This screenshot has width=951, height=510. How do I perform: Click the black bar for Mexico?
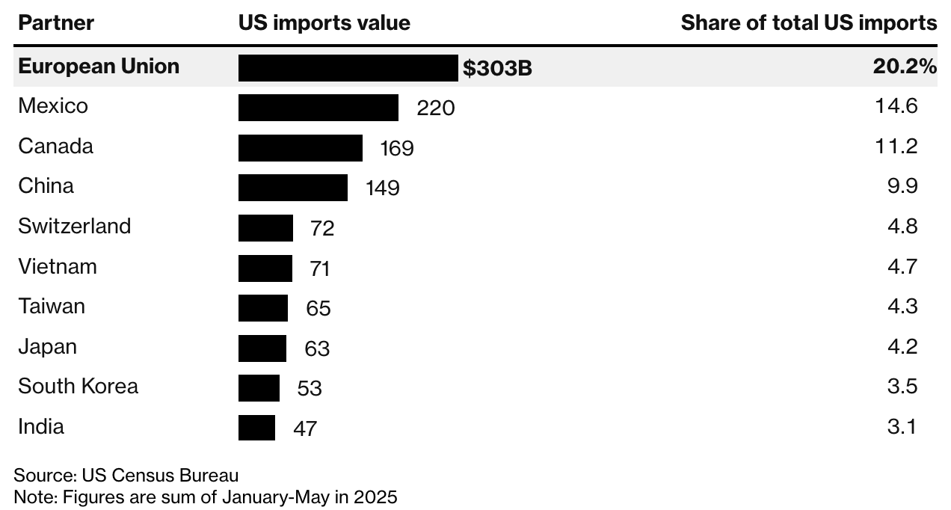point(318,108)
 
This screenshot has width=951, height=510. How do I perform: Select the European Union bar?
point(348,68)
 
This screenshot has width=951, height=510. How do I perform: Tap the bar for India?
point(256,428)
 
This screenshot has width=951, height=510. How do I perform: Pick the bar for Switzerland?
point(265,227)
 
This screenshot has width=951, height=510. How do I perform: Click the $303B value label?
point(497,69)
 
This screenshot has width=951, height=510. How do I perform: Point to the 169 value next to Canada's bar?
point(396,148)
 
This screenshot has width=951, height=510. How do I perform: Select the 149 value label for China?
point(382,188)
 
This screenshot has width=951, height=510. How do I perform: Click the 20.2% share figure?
point(905,67)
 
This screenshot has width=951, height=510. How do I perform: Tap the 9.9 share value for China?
point(902,186)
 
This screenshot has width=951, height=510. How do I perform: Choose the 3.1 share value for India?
point(902,427)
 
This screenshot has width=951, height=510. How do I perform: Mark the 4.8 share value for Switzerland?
point(902,227)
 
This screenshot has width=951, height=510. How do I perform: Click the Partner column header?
point(56,23)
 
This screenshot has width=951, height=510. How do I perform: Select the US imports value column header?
point(324,23)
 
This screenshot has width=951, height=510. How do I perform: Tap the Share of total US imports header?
point(808,23)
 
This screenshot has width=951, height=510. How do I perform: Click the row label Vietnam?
point(58,266)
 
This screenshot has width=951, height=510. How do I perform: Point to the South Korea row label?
point(78,387)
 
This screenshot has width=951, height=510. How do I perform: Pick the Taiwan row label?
point(52,307)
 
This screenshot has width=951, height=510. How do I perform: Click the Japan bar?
point(262,348)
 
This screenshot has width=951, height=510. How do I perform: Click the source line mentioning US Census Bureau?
point(126,476)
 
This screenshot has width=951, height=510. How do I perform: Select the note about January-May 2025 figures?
point(206,497)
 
